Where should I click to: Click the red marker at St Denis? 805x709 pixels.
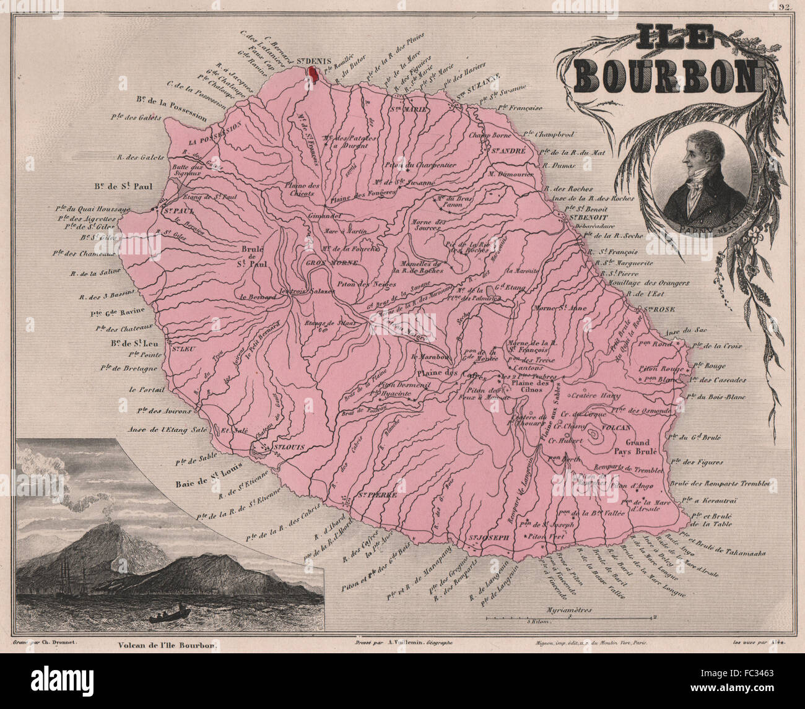coord(313,74)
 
